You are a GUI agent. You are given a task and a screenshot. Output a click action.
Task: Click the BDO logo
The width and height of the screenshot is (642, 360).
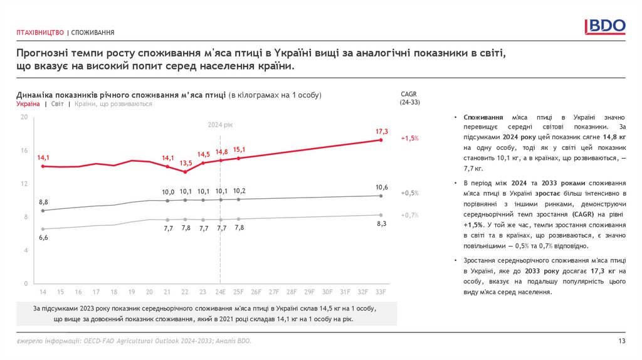(605, 26)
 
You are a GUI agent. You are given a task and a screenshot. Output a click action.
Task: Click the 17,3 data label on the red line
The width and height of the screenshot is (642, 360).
(382, 132)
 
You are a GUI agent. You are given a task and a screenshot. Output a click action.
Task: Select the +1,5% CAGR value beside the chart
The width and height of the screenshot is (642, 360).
(410, 138)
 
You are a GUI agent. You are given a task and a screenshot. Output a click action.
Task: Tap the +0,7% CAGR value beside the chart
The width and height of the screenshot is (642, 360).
(410, 215)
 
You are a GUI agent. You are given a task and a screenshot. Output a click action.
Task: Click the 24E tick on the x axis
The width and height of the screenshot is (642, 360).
(221, 292)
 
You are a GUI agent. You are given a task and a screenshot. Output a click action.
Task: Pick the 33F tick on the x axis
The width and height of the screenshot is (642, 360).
(381, 292)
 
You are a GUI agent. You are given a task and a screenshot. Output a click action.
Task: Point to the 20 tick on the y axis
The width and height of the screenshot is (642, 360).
(24, 117)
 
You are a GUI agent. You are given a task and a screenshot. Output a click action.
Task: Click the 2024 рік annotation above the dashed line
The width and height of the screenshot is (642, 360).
(220, 126)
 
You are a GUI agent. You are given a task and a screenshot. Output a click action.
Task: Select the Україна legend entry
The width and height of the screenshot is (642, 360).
(29, 104)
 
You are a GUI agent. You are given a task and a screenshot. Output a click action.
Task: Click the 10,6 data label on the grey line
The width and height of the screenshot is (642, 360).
(382, 187)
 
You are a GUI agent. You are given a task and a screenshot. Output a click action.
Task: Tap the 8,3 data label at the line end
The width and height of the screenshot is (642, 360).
(382, 224)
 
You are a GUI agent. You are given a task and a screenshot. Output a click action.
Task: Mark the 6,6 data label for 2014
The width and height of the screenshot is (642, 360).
(43, 238)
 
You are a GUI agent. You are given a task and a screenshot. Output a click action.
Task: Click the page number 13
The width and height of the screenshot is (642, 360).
(622, 341)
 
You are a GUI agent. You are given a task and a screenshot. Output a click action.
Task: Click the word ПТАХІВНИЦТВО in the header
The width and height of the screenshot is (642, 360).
(40, 32)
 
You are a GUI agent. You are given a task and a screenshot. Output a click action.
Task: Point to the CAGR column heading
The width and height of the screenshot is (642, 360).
(409, 93)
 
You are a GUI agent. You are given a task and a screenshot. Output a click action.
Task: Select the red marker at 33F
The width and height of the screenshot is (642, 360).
(381, 140)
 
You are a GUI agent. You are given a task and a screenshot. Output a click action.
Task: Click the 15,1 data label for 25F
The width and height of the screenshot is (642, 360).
(239, 150)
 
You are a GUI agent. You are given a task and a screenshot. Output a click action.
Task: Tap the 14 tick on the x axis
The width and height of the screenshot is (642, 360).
(43, 292)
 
